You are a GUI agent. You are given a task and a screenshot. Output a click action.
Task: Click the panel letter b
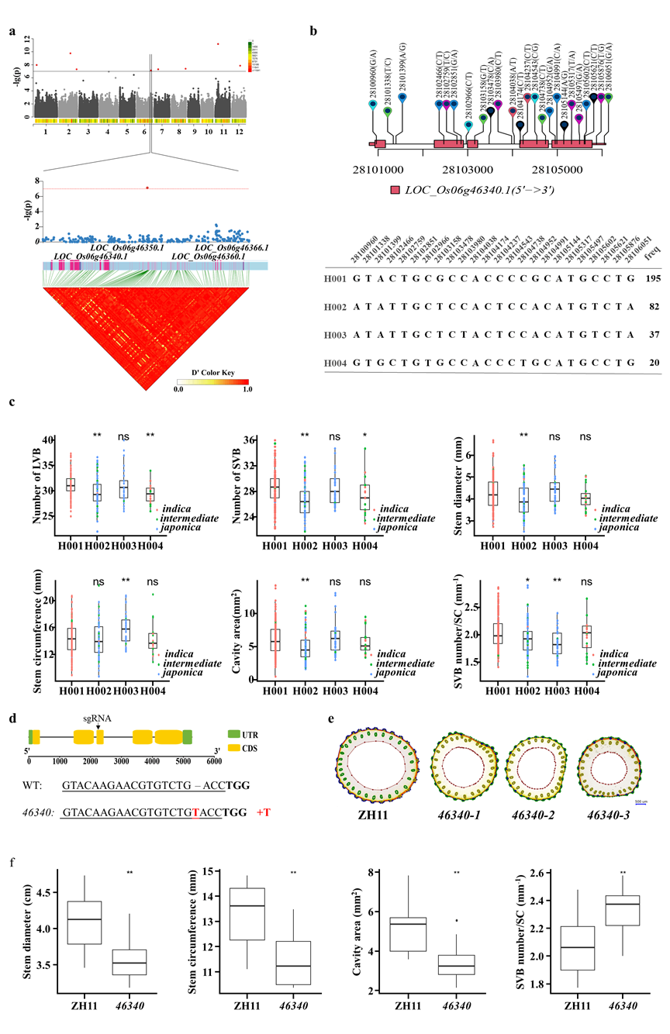click(313, 32)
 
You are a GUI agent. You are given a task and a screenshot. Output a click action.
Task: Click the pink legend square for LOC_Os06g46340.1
click(395, 189)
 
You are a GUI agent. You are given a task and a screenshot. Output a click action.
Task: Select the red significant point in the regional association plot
click(147, 188)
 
